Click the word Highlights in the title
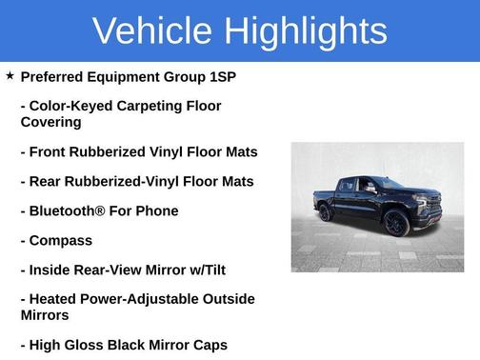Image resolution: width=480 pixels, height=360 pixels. (x=306, y=31)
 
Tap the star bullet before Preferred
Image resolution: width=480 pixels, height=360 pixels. (x=10, y=75)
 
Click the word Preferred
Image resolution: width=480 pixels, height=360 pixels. (x=57, y=76)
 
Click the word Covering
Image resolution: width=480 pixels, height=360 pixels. (x=51, y=122)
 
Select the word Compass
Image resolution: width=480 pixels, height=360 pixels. (x=62, y=240)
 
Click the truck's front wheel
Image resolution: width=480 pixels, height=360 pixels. (x=396, y=225)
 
